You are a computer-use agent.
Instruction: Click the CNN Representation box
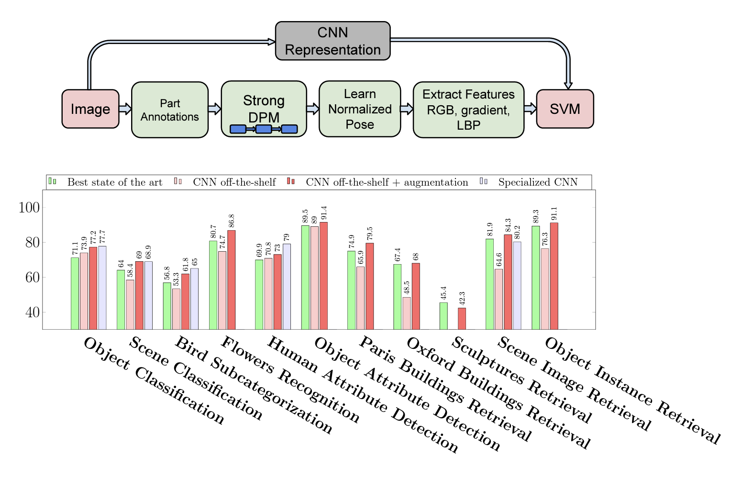click(x=333, y=41)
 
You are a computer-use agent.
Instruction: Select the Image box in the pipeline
click(x=90, y=109)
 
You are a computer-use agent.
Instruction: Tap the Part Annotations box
click(x=170, y=110)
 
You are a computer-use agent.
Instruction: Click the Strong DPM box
click(x=264, y=109)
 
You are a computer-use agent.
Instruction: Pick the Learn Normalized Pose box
click(x=360, y=109)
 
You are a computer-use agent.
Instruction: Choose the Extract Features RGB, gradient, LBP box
click(x=468, y=110)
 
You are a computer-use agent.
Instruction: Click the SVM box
click(x=565, y=109)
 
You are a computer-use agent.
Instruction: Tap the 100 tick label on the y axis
click(x=29, y=208)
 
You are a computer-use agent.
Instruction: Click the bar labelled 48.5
click(x=407, y=313)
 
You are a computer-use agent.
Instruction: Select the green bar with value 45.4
click(x=444, y=316)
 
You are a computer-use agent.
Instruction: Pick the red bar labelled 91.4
click(x=324, y=276)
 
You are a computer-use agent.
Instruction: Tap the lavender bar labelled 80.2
click(x=517, y=285)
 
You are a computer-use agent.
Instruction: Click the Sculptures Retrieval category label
click(x=522, y=380)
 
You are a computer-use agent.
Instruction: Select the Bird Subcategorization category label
click(x=254, y=385)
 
